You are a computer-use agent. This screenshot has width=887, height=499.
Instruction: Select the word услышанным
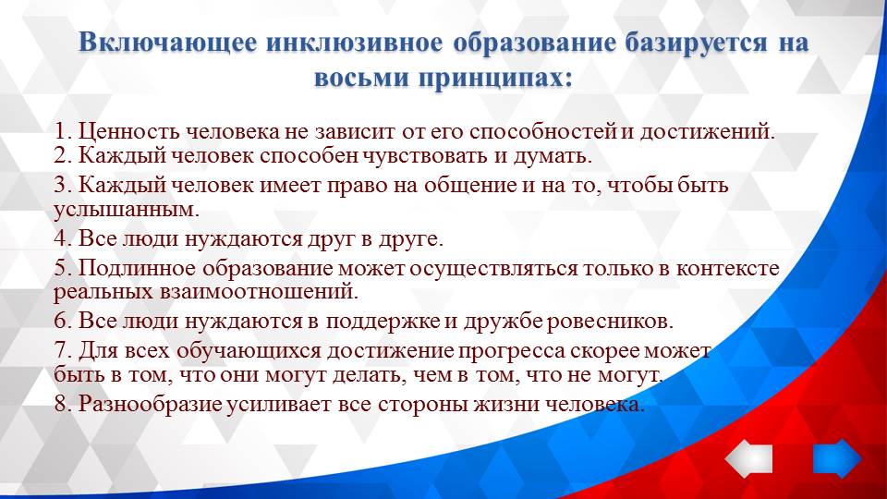126,209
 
